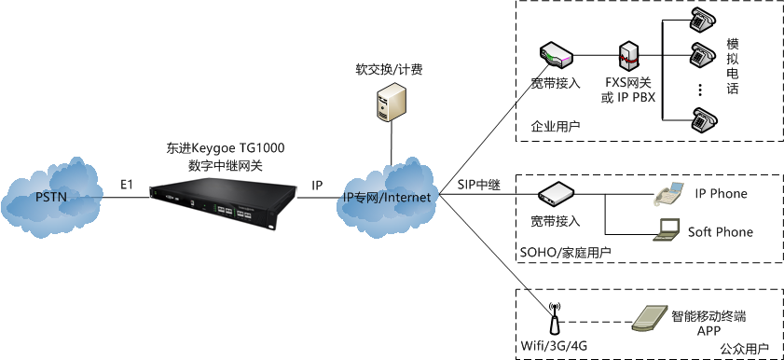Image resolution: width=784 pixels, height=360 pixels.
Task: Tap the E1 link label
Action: coord(127,186)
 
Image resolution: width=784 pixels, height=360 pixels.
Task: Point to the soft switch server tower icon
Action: coord(389,103)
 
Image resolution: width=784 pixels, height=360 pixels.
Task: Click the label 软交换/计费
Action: coord(388,69)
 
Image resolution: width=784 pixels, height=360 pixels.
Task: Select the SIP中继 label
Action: coord(479,185)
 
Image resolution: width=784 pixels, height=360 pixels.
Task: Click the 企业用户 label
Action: coord(555,126)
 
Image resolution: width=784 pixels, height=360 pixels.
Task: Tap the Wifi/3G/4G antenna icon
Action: coord(554,317)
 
